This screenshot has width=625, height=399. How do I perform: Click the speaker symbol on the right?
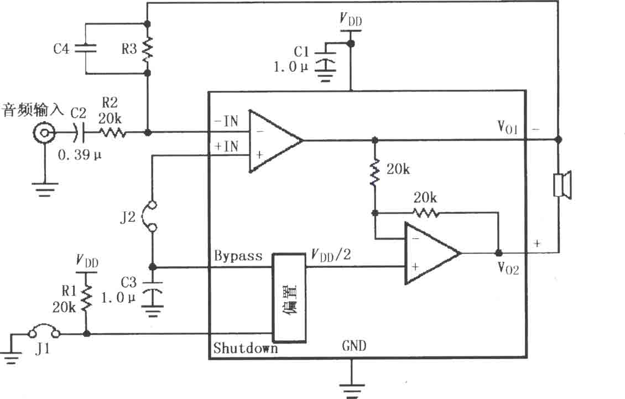[x=562, y=185]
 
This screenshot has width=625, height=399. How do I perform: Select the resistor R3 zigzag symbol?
[x=147, y=49]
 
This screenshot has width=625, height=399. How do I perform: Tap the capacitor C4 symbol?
[x=85, y=49]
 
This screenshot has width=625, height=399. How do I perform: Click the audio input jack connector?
[x=44, y=133]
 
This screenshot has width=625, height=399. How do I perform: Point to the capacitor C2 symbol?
[x=79, y=133]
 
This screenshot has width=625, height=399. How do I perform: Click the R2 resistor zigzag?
[x=113, y=132]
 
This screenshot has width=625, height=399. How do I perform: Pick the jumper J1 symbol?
[x=44, y=331]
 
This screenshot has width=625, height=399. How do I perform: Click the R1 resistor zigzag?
[x=86, y=298]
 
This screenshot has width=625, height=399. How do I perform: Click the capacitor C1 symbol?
[x=325, y=59]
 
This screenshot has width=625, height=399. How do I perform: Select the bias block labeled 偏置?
[x=289, y=298]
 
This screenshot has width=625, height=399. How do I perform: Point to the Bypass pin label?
[x=238, y=256]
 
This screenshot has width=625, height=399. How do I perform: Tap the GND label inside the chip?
[x=354, y=346]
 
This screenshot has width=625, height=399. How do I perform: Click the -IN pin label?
[x=226, y=121]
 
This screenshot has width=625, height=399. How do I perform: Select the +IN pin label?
[x=226, y=147]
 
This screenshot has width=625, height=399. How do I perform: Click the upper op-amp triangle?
[x=275, y=141]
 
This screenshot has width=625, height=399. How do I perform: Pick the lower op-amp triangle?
[x=432, y=253]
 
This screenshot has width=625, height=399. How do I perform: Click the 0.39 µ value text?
[x=80, y=155]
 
